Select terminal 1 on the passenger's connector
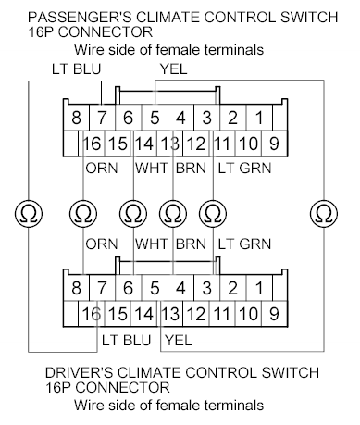260,119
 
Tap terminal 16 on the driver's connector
92,315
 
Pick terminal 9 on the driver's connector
274,315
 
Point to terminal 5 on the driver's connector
155,288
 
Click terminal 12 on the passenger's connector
194,144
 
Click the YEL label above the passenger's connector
173,69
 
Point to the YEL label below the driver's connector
178,341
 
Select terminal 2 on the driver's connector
233,288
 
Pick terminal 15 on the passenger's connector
118,144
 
